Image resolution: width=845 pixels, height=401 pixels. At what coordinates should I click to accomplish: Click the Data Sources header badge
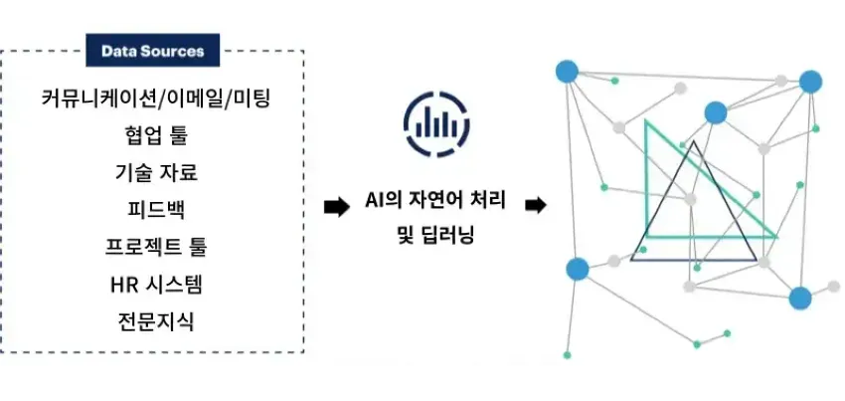153,50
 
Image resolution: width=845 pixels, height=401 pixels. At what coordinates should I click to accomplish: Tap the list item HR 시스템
155,284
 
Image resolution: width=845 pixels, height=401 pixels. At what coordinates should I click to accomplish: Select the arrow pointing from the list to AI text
337,207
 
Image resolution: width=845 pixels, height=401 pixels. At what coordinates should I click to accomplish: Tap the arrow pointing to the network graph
536,206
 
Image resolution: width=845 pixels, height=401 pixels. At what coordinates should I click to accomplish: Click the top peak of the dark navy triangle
694,141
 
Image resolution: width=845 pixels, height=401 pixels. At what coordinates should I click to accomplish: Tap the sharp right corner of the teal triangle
776,237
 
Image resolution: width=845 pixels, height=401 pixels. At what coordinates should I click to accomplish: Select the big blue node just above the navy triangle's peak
716,112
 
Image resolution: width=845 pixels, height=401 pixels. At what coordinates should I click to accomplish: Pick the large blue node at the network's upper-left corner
567,72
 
